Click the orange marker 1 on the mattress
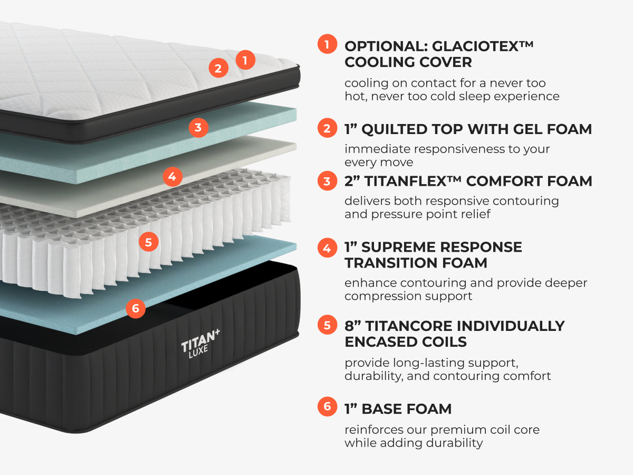click(245, 60)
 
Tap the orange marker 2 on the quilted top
click(218, 68)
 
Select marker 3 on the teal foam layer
click(198, 127)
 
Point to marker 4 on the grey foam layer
click(172, 176)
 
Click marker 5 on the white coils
click(148, 242)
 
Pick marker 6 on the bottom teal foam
click(136, 308)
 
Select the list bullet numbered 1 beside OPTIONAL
click(327, 44)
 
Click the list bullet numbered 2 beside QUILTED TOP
click(327, 128)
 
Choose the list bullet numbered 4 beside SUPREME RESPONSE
click(327, 247)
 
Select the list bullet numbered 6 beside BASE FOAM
click(327, 407)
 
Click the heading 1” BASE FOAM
click(398, 408)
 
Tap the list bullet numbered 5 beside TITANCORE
click(327, 325)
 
